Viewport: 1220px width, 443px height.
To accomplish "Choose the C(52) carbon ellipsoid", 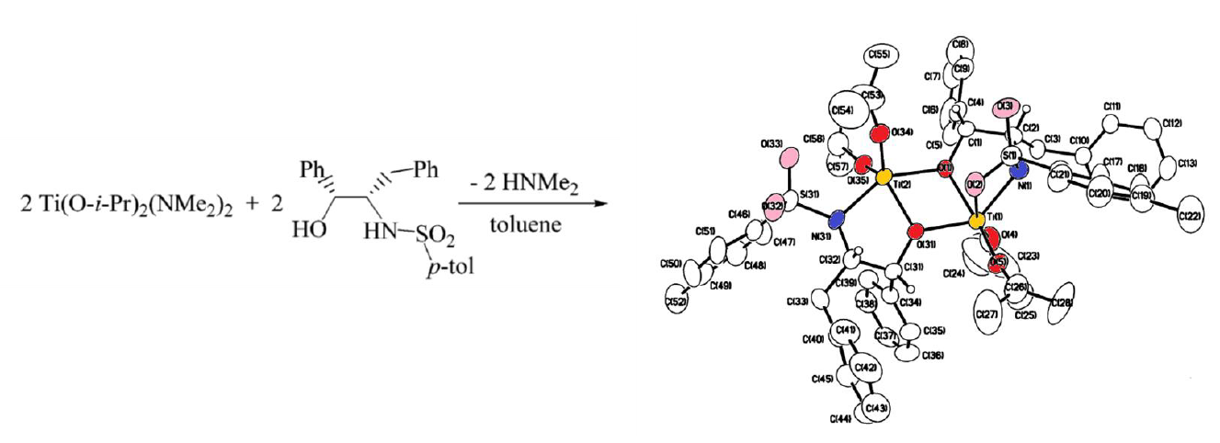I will pos(678,300).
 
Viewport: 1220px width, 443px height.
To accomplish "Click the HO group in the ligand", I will pos(311,227).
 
